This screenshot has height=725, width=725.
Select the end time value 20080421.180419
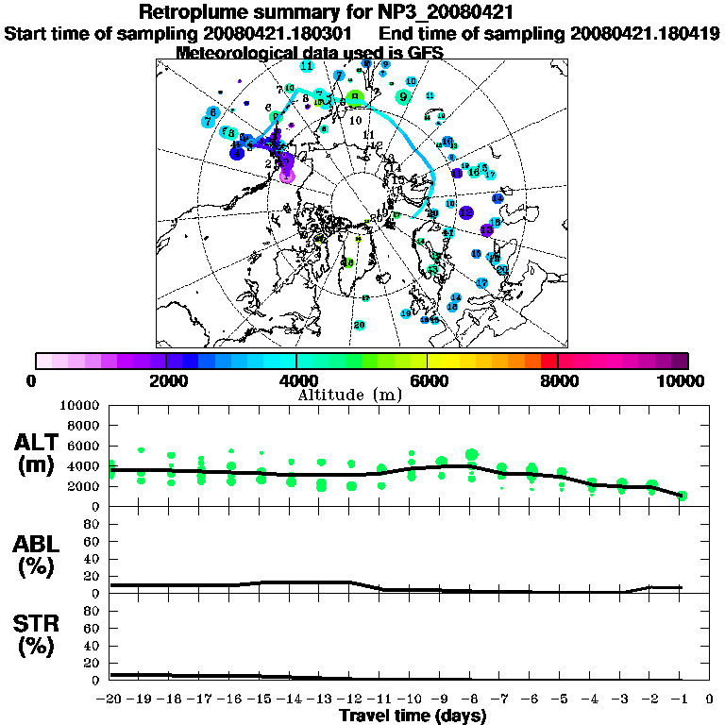pyautogui.click(x=645, y=33)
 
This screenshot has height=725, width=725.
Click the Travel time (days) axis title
pyautogui.click(x=413, y=717)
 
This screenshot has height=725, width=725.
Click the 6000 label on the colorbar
pyautogui.click(x=428, y=380)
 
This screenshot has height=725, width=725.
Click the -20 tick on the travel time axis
pyautogui.click(x=110, y=699)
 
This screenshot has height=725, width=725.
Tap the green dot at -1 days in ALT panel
pyautogui.click(x=681, y=496)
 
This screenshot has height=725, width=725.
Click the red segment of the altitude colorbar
pyautogui.click(x=549, y=361)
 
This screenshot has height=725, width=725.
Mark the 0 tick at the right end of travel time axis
pyautogui.click(x=709, y=699)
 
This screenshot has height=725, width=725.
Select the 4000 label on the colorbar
pyautogui.click(x=297, y=380)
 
